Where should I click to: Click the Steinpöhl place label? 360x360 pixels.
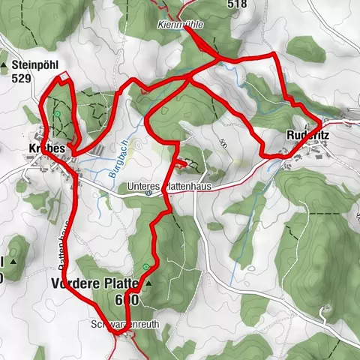(34, 64)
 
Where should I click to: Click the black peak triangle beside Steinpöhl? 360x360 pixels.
(4, 65)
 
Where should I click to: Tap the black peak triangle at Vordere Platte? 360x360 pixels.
(148, 284)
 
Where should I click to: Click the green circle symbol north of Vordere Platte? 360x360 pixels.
(145, 267)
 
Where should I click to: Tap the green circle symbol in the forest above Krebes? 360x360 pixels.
(57, 113)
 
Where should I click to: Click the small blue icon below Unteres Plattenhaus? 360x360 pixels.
(150, 195)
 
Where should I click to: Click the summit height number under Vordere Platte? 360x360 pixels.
(127, 299)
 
